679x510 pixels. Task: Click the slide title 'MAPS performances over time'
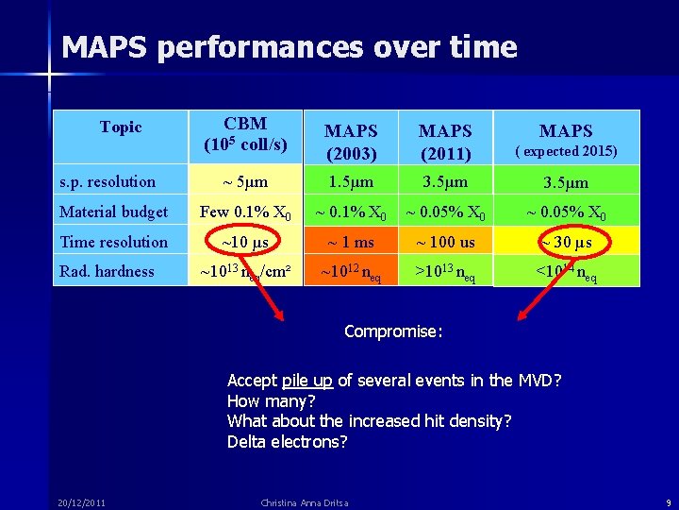289,47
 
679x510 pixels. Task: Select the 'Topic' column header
120,127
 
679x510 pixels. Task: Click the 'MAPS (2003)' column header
351,142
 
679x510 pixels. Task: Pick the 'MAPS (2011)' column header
445,142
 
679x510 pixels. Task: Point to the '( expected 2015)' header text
565,151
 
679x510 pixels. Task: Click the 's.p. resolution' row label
108,181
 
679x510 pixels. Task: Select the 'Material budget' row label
113,212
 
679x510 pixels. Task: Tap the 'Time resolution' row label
113,242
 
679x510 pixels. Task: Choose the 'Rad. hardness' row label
107,271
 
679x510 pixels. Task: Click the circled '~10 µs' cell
245,243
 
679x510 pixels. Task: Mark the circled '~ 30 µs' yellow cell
565,243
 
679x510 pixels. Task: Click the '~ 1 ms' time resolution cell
350,243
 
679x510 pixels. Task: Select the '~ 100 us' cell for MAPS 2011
445,243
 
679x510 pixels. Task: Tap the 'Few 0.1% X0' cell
245,212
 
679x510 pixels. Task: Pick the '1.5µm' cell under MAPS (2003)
350,181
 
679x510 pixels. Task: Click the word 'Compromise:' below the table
393,331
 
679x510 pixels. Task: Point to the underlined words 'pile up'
306,381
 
